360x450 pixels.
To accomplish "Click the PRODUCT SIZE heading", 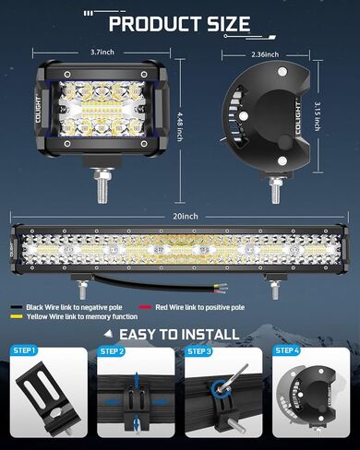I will coord(180,23).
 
